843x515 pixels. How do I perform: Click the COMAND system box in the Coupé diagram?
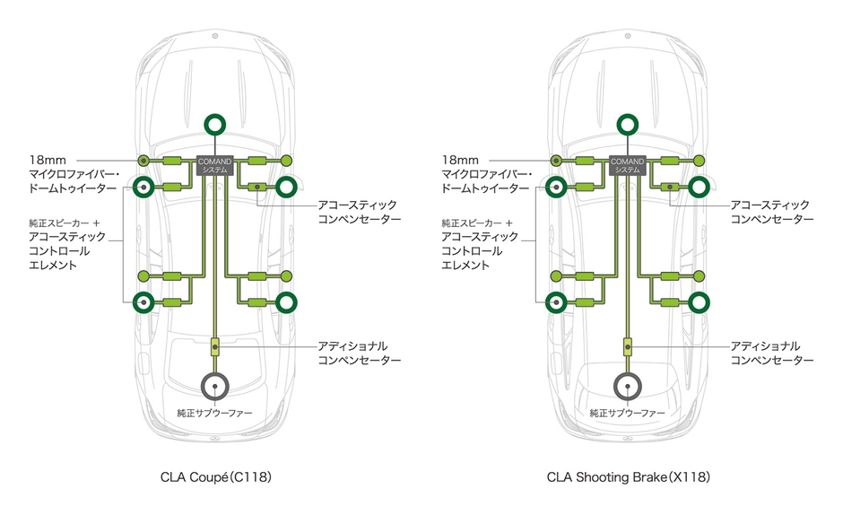pos(214,164)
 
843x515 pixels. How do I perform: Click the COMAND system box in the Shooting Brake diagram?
pos(628,164)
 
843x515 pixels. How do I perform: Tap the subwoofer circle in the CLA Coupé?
pos(214,386)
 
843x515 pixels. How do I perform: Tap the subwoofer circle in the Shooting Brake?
pos(628,386)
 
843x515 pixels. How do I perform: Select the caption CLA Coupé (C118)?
pos(214,478)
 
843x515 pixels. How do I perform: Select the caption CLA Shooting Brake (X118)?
pos(628,478)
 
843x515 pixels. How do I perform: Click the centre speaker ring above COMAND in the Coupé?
pos(214,126)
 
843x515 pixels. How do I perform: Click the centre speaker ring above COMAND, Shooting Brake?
pos(628,126)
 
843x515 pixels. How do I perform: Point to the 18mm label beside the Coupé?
pos(46,159)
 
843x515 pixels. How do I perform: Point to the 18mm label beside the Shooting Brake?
pos(459,159)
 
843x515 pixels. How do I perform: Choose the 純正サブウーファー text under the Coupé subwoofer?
pos(214,414)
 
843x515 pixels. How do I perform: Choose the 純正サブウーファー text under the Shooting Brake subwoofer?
pos(628,414)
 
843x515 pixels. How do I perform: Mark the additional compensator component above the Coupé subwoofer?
pos(214,345)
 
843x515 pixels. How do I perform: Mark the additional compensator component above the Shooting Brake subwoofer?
pos(628,345)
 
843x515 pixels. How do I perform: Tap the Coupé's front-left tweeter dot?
pos(143,161)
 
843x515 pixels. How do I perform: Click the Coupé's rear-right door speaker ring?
pos(286,301)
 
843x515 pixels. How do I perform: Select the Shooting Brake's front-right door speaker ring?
pos(700,187)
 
